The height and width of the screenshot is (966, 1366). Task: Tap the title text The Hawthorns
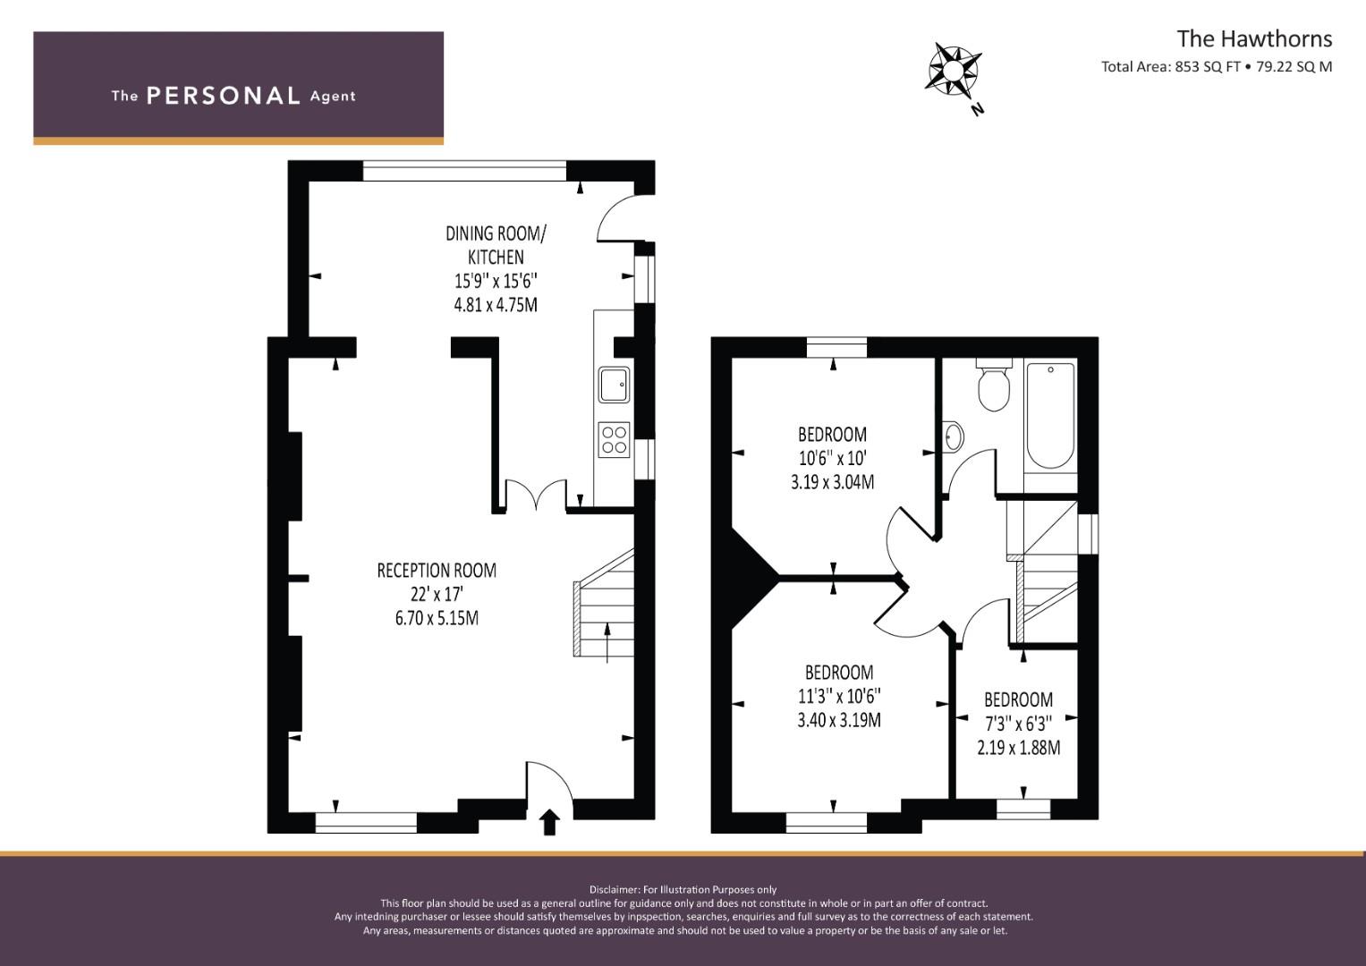pos(1254,39)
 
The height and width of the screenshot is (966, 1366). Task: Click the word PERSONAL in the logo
pos(224,96)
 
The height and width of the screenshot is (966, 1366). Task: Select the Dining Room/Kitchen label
pos(496,245)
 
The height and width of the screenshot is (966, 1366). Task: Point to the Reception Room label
pos(437,571)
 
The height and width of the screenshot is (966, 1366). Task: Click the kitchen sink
pos(614,385)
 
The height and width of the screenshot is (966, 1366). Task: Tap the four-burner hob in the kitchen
pos(614,440)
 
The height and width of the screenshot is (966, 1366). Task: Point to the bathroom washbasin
pos(953,436)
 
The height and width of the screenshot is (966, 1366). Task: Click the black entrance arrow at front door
pos(549,822)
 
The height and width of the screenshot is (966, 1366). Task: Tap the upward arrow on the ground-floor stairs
pos(607,642)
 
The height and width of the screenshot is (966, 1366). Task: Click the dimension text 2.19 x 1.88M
pos(1018,748)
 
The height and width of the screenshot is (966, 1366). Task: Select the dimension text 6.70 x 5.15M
pos(437,618)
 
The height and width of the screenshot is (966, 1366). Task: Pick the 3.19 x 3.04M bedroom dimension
pos(833,482)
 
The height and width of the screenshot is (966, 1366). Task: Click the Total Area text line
pos(1217,67)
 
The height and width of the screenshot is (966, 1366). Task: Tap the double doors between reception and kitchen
pos(536,495)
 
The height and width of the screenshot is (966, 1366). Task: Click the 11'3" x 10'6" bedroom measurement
pos(839,696)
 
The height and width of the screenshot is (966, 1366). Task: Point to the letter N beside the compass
pos(978,109)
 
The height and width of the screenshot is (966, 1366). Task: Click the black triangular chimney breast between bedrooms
pos(751,577)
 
